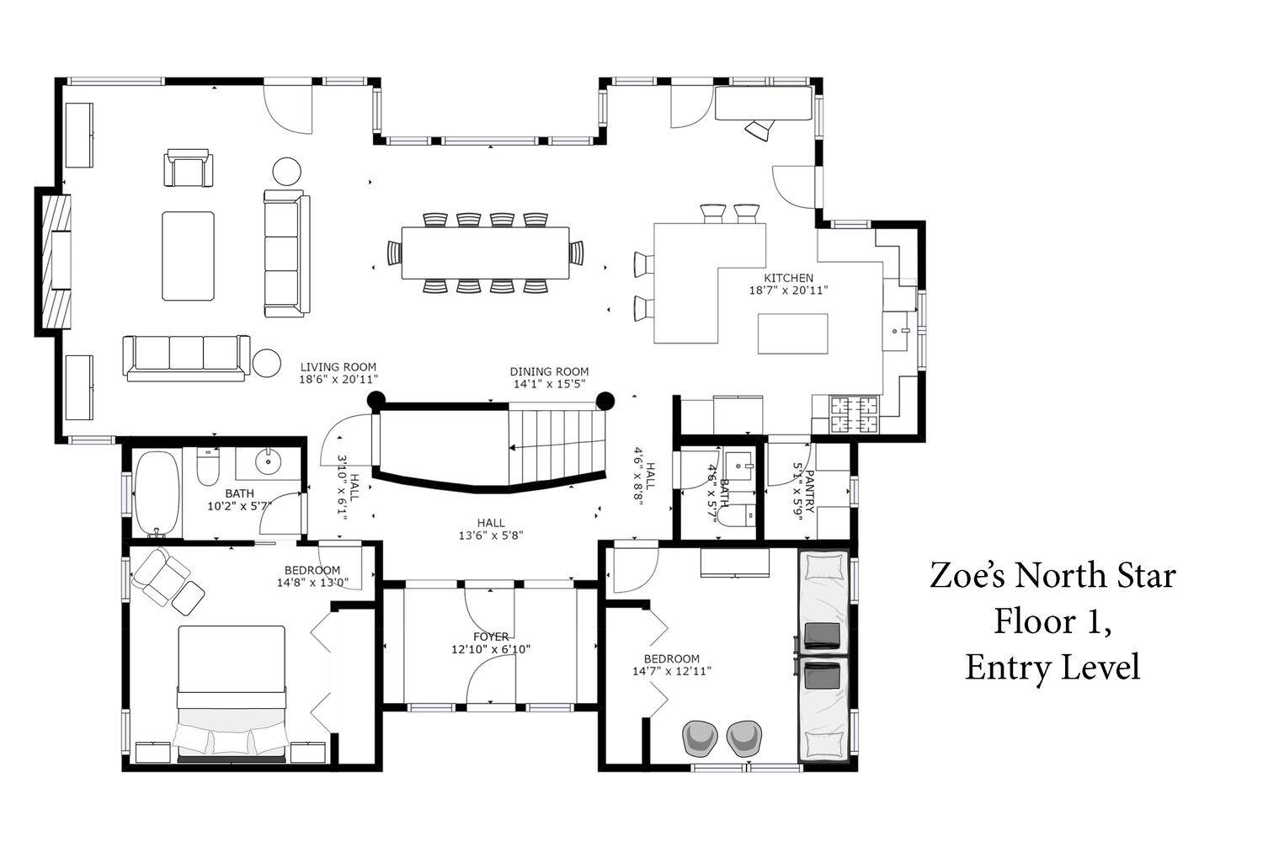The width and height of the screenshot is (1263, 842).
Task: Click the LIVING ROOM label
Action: coord(338,366)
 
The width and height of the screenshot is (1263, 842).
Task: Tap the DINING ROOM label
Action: coord(549,371)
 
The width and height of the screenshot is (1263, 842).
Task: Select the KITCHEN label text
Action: coord(788,278)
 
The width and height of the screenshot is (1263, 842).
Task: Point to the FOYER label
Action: coord(491,637)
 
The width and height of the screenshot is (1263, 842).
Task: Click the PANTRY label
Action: coord(810,491)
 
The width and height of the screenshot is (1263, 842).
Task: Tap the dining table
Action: coord(486,253)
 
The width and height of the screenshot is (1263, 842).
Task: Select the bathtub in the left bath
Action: coord(157,494)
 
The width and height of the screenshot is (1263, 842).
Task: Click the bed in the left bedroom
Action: coord(232,694)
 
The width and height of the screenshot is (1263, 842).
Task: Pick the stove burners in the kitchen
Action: coord(855,414)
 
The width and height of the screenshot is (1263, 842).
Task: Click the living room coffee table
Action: coord(189,256)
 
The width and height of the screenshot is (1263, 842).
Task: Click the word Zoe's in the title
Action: coord(967,576)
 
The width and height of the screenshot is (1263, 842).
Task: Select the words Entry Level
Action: coord(1052,668)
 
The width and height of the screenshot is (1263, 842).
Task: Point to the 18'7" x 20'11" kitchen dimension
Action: coord(788,290)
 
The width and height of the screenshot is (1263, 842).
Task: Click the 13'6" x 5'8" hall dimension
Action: coord(491,536)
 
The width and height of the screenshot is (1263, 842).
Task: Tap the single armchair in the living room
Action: coord(189,168)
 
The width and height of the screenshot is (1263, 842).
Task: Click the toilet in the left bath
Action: coord(208,466)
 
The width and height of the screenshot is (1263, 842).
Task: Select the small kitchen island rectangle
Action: coord(793,334)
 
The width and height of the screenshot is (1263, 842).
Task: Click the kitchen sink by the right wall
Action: coord(896,331)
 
